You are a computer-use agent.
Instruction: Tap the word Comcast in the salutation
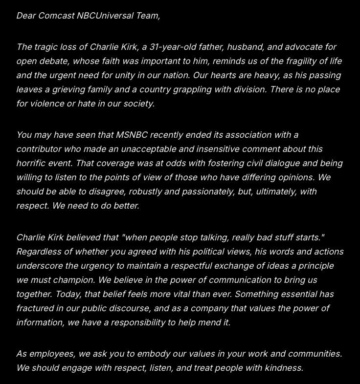coord(56,16)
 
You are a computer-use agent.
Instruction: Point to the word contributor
coord(40,149)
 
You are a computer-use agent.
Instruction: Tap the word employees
coord(50,354)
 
